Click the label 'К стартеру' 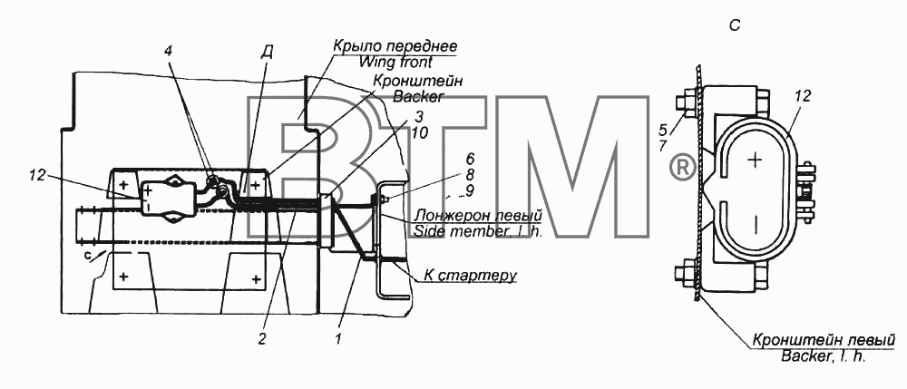click(x=469, y=275)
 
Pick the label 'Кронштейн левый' click(x=824, y=339)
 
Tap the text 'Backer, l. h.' click(x=824, y=355)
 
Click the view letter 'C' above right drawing click(x=735, y=26)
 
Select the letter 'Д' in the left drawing click(x=268, y=51)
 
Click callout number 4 click(x=168, y=51)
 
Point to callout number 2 click(x=261, y=339)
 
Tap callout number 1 click(x=338, y=339)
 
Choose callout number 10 click(x=421, y=132)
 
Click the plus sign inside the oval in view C click(x=754, y=160)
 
